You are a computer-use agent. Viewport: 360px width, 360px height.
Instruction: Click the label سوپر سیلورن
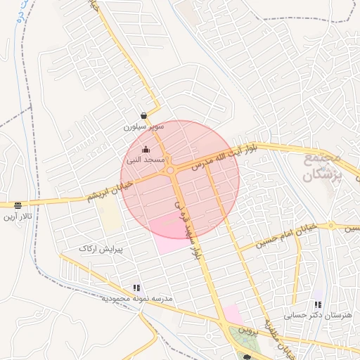coord(144,127)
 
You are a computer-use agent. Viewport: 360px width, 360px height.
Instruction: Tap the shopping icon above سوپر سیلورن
coord(144,115)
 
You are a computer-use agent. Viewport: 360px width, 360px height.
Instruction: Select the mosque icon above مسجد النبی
coord(146,149)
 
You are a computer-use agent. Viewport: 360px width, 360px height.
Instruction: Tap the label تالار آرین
coord(18,217)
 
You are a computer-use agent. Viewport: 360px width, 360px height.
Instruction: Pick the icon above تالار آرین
coord(18,205)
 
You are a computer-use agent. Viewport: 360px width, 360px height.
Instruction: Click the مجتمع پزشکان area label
coord(323,167)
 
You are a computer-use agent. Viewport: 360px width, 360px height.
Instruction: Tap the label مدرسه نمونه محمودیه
coord(136,299)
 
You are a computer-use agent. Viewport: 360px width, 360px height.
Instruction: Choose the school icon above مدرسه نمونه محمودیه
coord(136,288)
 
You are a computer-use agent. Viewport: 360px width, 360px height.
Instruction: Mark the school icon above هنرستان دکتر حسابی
coord(318,305)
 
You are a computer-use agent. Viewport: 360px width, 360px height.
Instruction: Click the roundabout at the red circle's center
coord(170,170)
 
